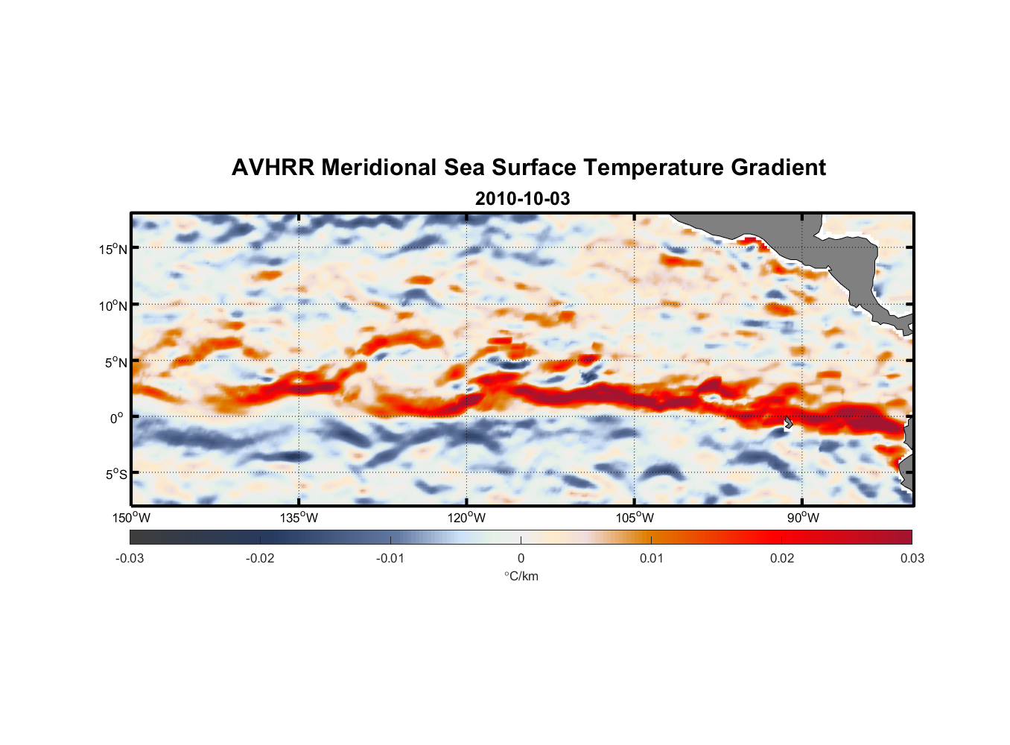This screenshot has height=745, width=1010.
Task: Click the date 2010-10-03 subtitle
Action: pos(522,199)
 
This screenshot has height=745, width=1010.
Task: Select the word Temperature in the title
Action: pos(653,168)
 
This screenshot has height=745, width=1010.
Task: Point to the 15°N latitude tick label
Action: pos(113,249)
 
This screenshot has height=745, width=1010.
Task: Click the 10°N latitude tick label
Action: pos(113,305)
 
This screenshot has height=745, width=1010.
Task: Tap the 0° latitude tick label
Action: pos(117,418)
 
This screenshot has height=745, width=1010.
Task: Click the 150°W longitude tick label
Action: pos(131,518)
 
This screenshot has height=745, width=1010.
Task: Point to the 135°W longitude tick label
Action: pos(299,518)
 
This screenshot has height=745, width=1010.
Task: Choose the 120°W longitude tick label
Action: pos(466,518)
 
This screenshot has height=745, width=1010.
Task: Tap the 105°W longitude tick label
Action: pos(635,518)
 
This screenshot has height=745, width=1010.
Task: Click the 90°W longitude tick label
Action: pos(803,518)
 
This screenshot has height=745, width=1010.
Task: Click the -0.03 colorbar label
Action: pos(130,558)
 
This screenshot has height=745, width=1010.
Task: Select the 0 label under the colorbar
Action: pos(521,558)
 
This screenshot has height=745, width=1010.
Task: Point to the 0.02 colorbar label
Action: pos(781,558)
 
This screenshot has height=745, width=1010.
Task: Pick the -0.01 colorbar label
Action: pos(390,558)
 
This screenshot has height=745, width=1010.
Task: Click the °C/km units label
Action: pos(521,576)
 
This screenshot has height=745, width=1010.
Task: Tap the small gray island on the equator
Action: pos(788,422)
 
